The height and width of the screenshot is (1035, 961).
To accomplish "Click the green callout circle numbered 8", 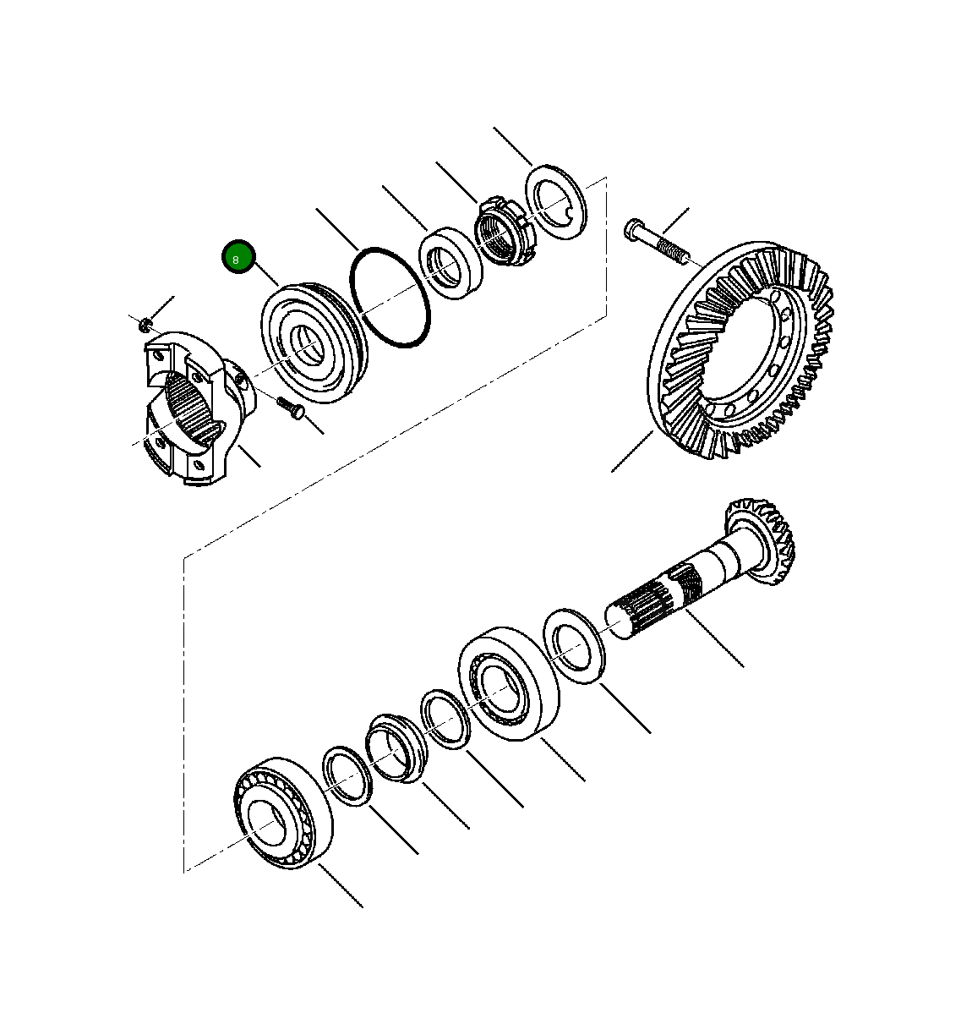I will tap(238, 257).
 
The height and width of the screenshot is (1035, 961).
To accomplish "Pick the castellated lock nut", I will tap(502, 233).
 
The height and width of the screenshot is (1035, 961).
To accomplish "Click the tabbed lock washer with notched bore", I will tap(554, 200).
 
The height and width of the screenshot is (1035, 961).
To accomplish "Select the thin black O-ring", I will tap(390, 297).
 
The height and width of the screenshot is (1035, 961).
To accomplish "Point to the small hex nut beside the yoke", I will tap(145, 323).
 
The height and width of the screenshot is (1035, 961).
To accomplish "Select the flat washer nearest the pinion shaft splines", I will tap(573, 645).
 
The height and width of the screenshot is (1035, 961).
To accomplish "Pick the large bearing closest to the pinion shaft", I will tap(507, 684).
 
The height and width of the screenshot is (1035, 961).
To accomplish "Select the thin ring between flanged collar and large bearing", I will tap(445, 720).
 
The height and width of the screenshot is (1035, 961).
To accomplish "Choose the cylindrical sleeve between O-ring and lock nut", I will tap(451, 262).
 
